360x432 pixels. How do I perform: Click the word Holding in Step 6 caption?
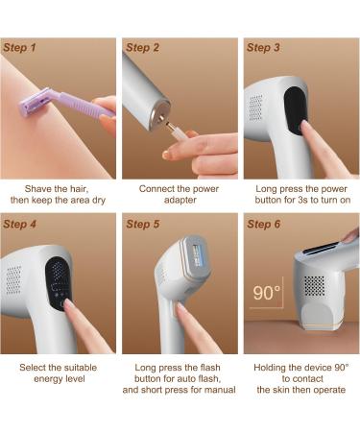point(273,368)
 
